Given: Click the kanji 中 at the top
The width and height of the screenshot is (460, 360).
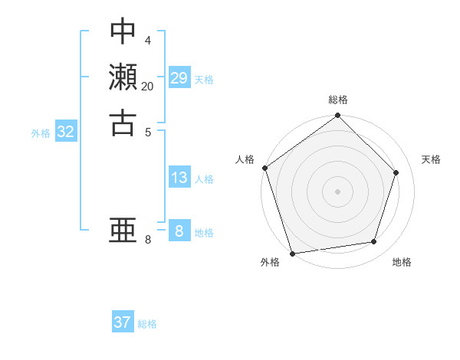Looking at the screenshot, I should pyautogui.click(x=123, y=31).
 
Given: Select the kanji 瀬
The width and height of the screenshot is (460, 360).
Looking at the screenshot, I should pyautogui.click(x=123, y=77).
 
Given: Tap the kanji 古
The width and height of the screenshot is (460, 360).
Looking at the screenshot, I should pyautogui.click(x=123, y=123).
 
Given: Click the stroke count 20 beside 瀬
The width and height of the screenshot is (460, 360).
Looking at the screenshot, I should pyautogui.click(x=148, y=87).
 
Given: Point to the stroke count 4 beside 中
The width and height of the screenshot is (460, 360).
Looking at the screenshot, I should pyautogui.click(x=148, y=39).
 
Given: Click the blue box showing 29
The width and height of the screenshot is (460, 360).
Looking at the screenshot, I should pyautogui.click(x=179, y=78).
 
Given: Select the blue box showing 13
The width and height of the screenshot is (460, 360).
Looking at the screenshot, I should pyautogui.click(x=179, y=178).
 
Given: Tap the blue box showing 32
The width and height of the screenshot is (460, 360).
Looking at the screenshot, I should pyautogui.click(x=66, y=132).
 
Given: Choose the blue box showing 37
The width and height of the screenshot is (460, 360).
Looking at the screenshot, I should pyautogui.click(x=123, y=322).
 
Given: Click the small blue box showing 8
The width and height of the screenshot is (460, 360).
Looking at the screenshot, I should pyautogui.click(x=179, y=231).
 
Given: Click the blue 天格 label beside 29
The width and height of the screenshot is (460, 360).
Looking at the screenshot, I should pyautogui.click(x=204, y=80).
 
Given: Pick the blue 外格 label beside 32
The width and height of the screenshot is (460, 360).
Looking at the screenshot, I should pyautogui.click(x=41, y=133).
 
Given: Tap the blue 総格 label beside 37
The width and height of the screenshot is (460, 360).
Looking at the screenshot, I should pyautogui.click(x=147, y=324).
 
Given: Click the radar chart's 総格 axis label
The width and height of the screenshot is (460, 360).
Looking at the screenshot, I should pyautogui.click(x=338, y=100).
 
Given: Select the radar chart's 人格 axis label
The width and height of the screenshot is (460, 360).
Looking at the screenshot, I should pyautogui.click(x=245, y=159).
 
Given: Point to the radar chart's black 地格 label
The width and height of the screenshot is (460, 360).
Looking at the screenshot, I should pyautogui.click(x=402, y=263).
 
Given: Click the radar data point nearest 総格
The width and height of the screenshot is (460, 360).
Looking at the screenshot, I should pyautogui.click(x=338, y=116).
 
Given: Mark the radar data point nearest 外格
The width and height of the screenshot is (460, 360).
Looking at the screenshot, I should pyautogui.click(x=293, y=253).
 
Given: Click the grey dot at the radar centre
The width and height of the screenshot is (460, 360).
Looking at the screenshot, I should pyautogui.click(x=338, y=191).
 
